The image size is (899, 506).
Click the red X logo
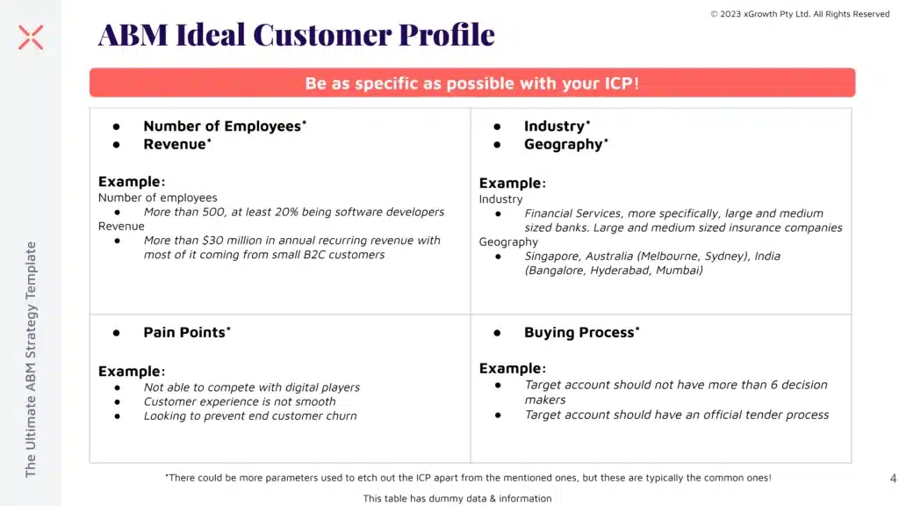coord(31,37)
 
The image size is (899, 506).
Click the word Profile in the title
coord(447,34)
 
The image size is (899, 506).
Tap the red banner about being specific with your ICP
coord(471,83)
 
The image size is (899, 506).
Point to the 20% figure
coord(286,212)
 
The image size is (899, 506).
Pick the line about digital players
coord(252,387)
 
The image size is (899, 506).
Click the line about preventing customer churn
coord(250,416)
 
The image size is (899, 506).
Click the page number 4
coord(893,478)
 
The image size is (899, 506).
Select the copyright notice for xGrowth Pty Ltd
coord(800,14)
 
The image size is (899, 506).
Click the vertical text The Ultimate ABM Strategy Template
coord(31,359)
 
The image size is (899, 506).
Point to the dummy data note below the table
coord(457,499)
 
